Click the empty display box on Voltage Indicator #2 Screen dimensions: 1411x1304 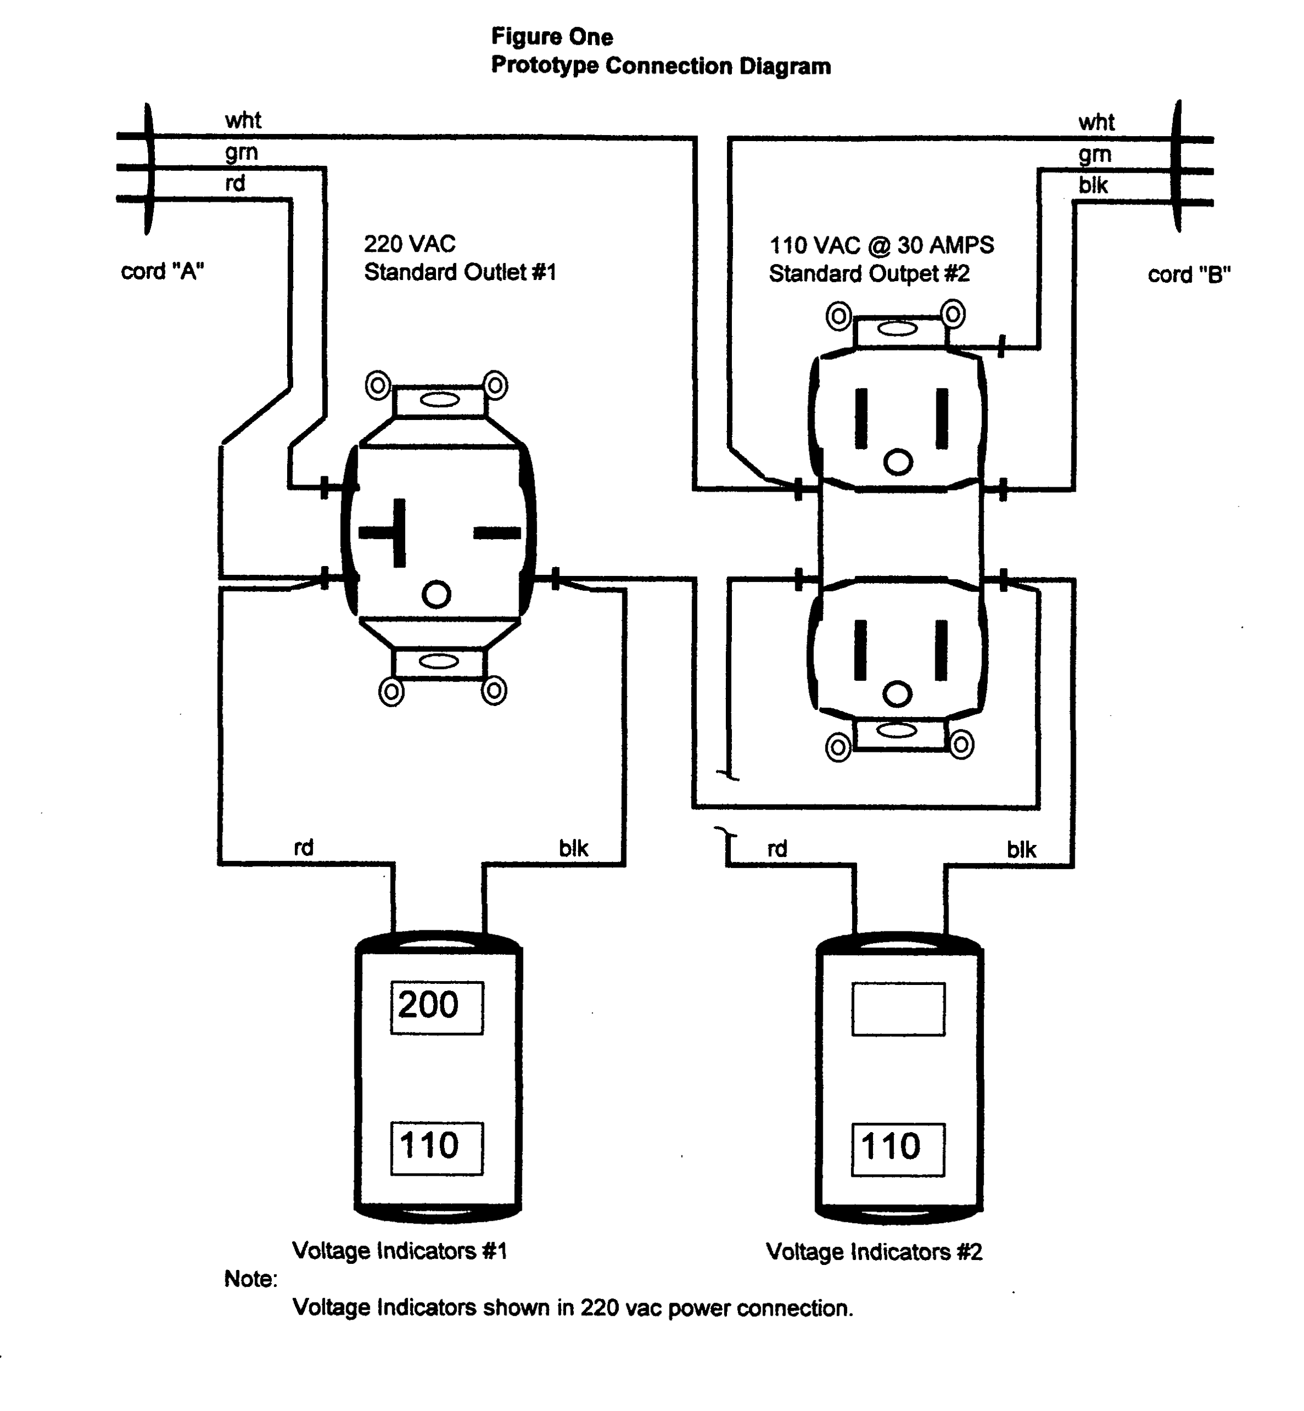[898, 1009]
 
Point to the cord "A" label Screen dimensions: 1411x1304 [162, 271]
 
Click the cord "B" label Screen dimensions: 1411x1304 [1189, 274]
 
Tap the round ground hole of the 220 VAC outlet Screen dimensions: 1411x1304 [436, 594]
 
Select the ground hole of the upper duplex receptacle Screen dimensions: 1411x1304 [898, 462]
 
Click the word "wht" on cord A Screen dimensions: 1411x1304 [243, 120]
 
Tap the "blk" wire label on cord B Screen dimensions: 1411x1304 [1092, 186]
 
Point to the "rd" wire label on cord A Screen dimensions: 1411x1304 [235, 184]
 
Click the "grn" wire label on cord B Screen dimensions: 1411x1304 [1095, 154]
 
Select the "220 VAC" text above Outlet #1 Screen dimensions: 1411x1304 [409, 244]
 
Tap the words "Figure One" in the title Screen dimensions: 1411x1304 [552, 37]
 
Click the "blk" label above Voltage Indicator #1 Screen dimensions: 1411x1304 [573, 848]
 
